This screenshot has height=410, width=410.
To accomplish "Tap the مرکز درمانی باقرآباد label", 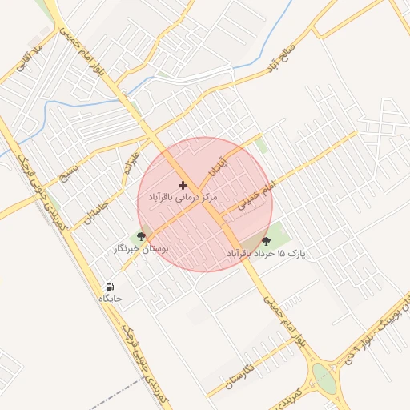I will (x=183, y=196).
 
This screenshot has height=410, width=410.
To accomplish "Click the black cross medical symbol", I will (x=183, y=185).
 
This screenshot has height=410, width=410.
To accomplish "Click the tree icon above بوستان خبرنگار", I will (x=142, y=236).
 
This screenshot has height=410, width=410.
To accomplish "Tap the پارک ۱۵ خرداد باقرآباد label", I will (x=267, y=253).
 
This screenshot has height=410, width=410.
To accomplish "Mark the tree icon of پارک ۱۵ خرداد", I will (x=267, y=241).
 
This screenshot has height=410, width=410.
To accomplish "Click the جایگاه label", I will (x=110, y=298).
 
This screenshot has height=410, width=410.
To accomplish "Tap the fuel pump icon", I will (x=110, y=287).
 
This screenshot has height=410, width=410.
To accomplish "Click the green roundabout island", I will (x=324, y=376).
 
